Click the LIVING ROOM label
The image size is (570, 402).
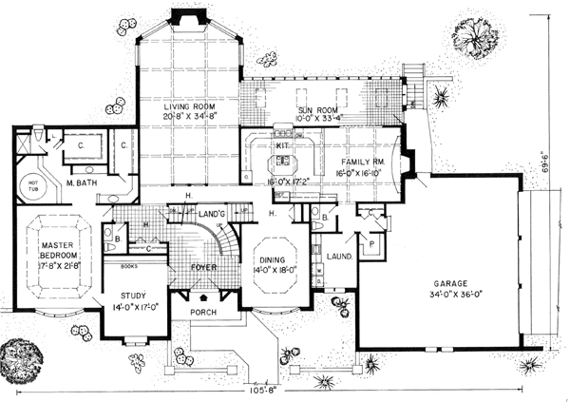point(185,105)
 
